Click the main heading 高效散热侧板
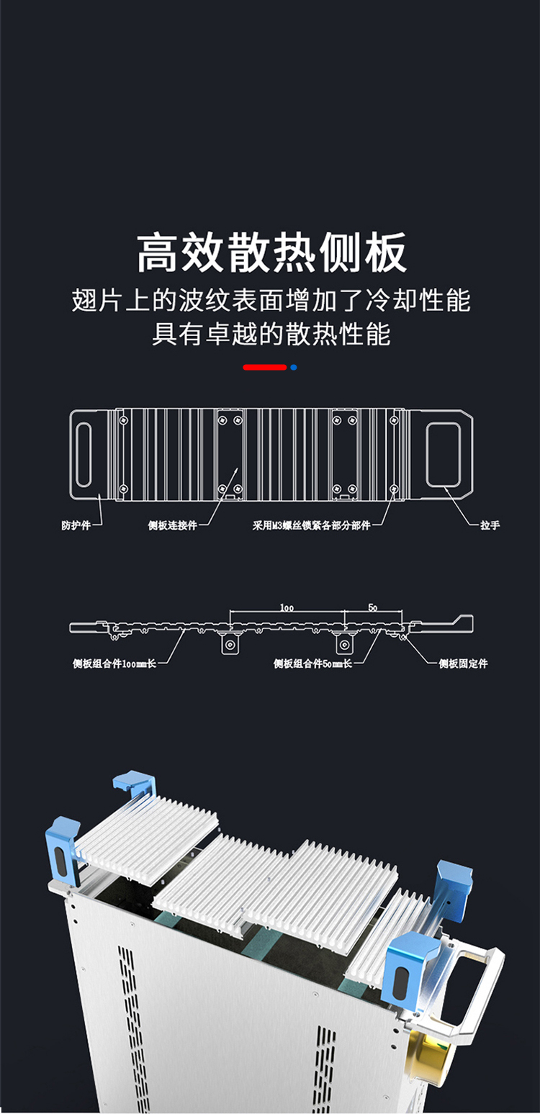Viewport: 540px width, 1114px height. pos(271,253)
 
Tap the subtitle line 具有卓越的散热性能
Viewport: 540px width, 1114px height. pos(271,335)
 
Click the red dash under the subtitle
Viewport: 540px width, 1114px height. pos(264,368)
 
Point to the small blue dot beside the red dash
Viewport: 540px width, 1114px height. pos(293,368)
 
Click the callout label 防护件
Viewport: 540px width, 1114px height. pos(76,525)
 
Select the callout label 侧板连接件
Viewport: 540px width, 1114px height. pos(172,525)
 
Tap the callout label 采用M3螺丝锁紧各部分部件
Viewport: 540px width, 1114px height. pos(311,525)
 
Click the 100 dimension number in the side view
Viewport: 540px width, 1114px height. pos(287,607)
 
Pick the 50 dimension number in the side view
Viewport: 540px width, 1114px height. pos(372,607)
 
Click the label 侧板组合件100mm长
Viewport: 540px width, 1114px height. pos(114,664)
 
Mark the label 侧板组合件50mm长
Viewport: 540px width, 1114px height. pos(312,664)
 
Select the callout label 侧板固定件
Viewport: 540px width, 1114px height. pos(463,664)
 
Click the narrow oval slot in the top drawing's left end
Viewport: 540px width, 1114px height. pos(84,454)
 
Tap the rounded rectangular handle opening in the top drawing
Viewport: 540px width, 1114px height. pos(443,454)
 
